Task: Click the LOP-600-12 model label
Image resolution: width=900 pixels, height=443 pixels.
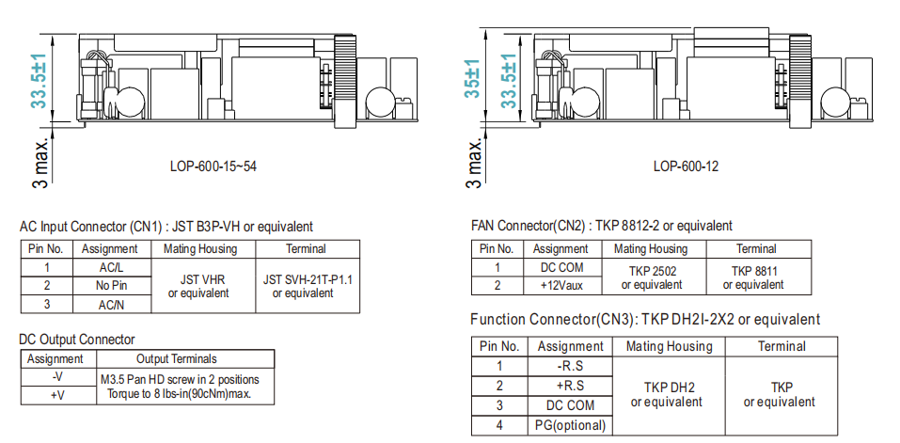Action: coord(686,166)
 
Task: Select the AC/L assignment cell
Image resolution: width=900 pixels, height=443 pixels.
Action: coord(110,267)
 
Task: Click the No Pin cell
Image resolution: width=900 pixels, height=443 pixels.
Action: coord(110,285)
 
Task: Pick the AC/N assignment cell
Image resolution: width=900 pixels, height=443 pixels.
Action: coord(110,303)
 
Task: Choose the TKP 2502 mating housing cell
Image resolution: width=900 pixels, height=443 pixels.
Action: coord(651,277)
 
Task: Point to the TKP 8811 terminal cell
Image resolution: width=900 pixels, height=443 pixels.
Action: coord(756,277)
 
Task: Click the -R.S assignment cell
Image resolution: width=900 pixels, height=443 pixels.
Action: coord(570,365)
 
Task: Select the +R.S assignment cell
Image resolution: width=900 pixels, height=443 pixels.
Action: coord(570,385)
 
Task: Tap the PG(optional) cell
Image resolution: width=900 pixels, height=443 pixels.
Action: coord(570,424)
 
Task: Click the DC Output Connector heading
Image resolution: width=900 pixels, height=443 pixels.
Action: coord(77,339)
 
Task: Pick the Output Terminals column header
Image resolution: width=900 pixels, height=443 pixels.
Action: coord(176,358)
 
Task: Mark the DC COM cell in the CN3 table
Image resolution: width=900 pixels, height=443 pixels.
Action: coord(570,404)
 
